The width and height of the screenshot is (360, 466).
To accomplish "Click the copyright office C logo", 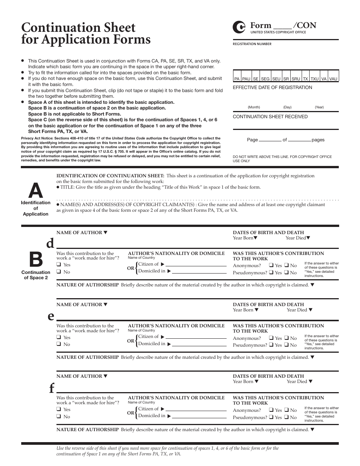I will point(239,27).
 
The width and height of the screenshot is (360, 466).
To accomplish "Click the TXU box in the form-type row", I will point(315,79).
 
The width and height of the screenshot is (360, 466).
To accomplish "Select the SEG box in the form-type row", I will point(265,79).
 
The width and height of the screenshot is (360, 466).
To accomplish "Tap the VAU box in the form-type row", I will point(333,79).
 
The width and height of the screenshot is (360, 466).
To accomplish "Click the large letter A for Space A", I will point(36,191).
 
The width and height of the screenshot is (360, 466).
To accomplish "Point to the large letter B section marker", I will point(36,260).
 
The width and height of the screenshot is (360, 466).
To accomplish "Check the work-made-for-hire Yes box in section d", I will point(59,265).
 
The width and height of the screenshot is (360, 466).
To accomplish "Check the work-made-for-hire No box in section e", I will point(59,344).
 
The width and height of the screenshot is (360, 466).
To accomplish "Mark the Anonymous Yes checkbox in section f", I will point(271,410).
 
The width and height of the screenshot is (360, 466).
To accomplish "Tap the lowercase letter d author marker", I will point(50,243).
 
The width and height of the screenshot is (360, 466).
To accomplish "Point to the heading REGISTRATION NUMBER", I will point(252,44).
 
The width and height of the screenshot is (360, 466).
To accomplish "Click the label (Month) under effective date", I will point(254,107).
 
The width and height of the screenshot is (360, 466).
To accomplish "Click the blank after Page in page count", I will point(270,140).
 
